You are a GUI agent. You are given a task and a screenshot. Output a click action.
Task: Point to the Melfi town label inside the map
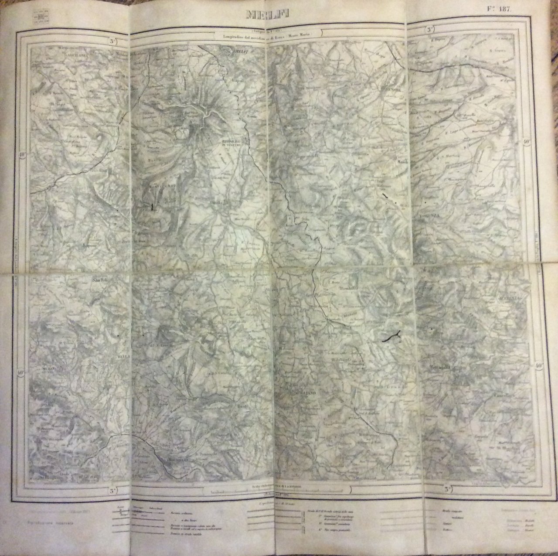pos(231,53)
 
